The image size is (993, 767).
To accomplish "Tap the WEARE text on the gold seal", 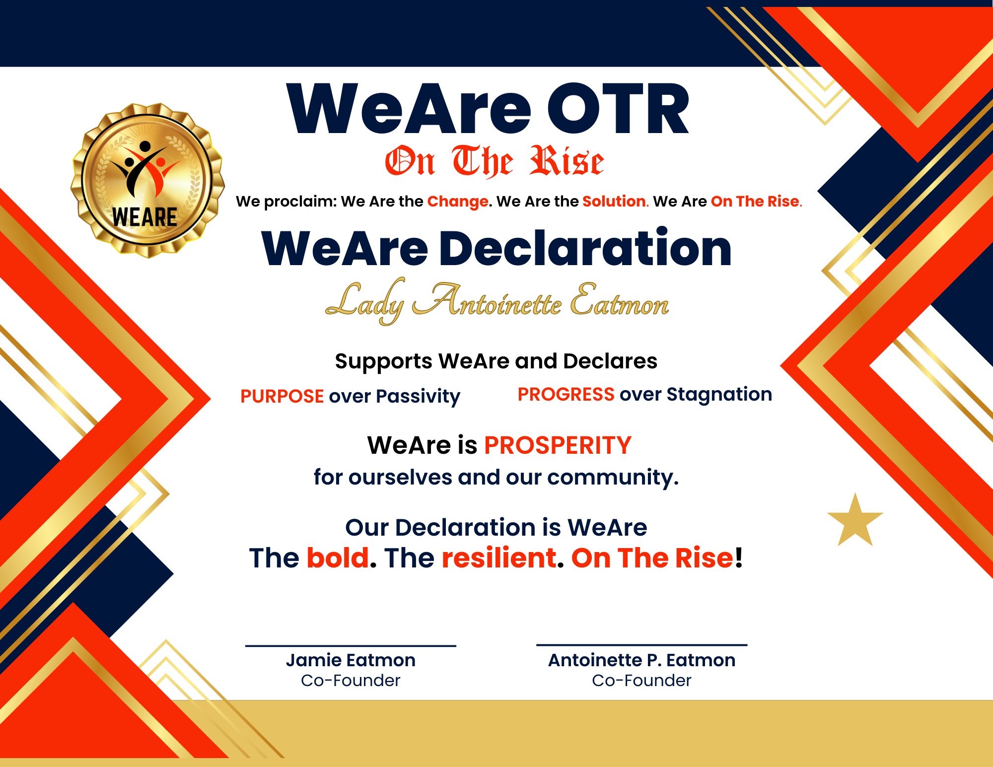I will point(144,217).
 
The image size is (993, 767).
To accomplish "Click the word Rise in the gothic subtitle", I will point(567,161).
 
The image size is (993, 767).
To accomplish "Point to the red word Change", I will point(458,201).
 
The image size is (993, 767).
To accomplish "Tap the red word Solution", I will point(615,201).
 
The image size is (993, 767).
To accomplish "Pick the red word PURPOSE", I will point(282,396).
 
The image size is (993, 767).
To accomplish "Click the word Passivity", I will point(418,396).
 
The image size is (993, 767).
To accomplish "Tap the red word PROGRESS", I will point(566,394).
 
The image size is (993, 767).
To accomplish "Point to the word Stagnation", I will point(719,394).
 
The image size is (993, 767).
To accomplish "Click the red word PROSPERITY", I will point(558,445).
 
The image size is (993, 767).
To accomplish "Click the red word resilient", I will point(498,558).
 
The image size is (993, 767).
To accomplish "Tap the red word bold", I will point(338,558).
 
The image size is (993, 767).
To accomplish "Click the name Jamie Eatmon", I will point(351,660).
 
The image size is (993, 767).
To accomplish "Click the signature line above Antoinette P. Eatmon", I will point(641,645).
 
